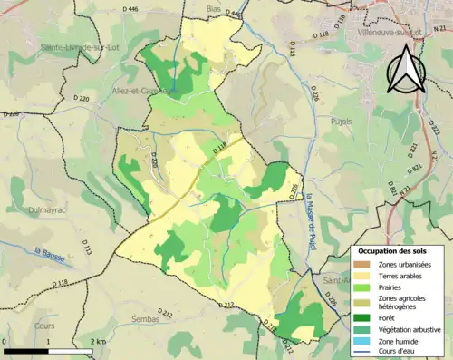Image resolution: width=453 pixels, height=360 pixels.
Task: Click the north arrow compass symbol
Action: point(406,68)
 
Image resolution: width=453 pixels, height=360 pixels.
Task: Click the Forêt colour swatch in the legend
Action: point(363,317)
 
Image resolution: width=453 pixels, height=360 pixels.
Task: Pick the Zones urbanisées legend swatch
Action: point(363,263)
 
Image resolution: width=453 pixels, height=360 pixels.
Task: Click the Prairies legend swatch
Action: point(363,287)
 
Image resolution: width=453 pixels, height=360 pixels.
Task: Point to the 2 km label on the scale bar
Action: point(98,341)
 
